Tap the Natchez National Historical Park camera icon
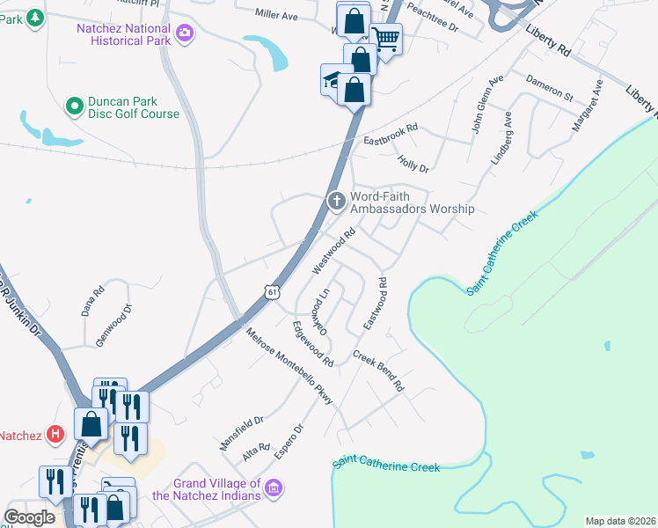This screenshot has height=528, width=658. point(185,33)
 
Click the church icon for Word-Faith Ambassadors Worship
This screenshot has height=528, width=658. point(336,202)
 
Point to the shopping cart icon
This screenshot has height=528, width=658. point(385,38)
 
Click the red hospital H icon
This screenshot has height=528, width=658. point(55,434)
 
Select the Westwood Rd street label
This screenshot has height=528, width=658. point(333,251)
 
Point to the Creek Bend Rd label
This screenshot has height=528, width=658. point(378,371)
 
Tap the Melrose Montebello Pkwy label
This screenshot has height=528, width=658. point(289,367)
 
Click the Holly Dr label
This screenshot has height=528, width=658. point(413,163)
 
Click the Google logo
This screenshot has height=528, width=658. point(30,517)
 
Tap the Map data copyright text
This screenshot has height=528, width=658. point(619,521)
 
